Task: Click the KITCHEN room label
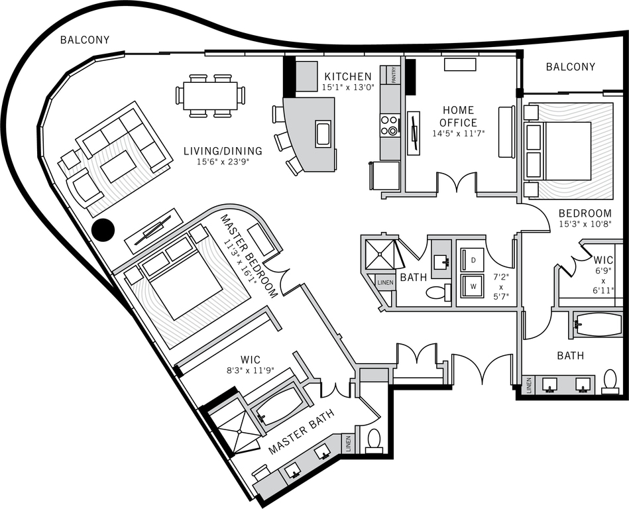click(x=348, y=76)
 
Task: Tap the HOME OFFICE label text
click(x=459, y=117)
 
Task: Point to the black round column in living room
click(x=103, y=230)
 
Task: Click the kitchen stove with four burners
click(x=390, y=125)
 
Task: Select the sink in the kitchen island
click(x=323, y=134)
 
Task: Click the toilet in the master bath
click(x=374, y=440)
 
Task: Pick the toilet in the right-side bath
click(x=610, y=382)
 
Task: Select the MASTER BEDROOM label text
click(x=249, y=255)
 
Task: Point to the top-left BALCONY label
click(x=85, y=40)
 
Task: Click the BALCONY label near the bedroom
click(x=570, y=67)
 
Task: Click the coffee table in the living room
click(x=118, y=166)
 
